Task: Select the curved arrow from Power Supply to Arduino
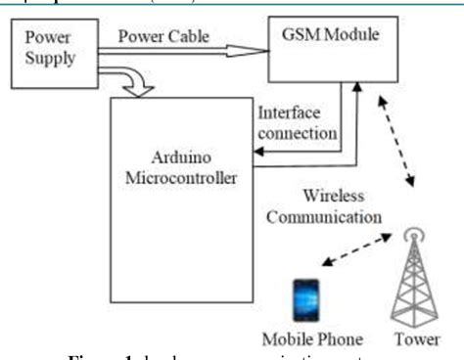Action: (121, 81)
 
